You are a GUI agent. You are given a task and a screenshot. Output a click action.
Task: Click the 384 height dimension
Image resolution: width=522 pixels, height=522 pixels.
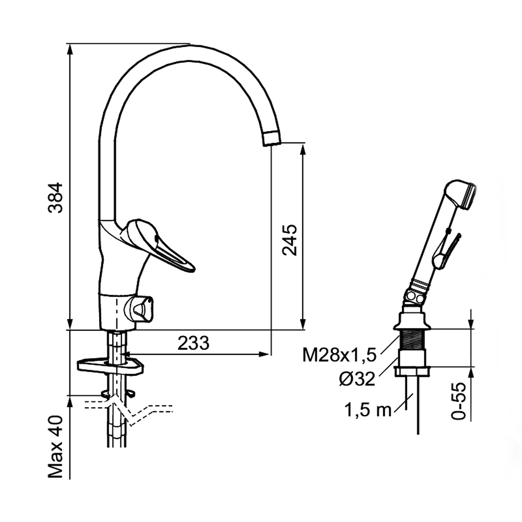coord(55,197)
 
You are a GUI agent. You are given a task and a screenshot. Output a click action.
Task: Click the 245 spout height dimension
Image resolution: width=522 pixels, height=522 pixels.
coord(289,240)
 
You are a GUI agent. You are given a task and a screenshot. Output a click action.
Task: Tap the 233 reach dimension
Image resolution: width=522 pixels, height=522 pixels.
coord(194,343)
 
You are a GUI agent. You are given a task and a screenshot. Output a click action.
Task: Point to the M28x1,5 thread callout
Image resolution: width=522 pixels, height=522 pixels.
coord(340,355)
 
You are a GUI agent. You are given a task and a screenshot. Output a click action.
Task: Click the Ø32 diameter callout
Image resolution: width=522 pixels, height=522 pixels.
coord(357,379)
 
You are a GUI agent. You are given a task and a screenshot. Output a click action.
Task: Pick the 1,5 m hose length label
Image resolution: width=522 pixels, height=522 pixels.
coord(368,410)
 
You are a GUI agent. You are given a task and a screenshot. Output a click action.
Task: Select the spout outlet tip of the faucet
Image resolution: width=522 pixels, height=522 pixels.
coord(272,138)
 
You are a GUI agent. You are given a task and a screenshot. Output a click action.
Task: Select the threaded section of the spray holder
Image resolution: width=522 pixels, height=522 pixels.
coord(413,339)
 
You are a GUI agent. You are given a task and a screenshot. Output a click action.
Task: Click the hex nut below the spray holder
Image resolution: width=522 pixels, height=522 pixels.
coord(412,372)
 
